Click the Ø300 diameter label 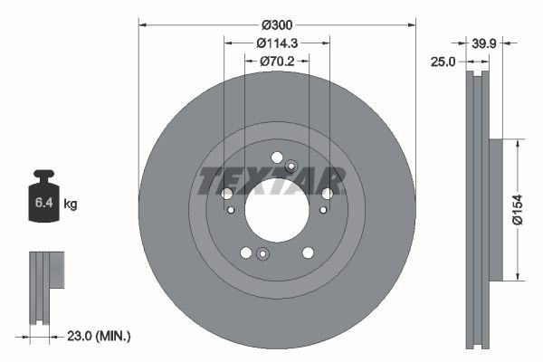point(276,25)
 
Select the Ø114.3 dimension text point(276,43)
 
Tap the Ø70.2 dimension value point(278,62)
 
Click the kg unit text point(70,205)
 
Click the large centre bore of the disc point(276,211)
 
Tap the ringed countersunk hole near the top point(291,166)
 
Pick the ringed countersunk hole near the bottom point(262,253)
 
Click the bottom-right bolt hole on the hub point(308,252)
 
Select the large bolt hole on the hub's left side point(227,194)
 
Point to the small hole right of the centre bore point(321,210)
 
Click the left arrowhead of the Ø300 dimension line point(142,25)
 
